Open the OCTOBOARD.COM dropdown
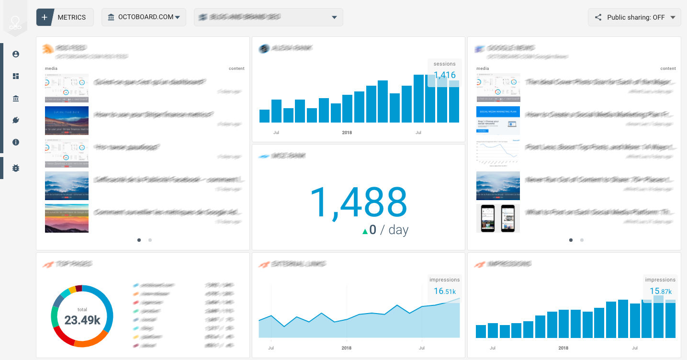(144, 17)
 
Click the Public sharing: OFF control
(634, 17)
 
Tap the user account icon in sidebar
(16, 54)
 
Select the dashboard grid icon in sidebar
(16, 76)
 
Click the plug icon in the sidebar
(16, 120)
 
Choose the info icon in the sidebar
(16, 142)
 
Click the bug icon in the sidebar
(16, 168)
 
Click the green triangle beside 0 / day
(365, 231)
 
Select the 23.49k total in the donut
(82, 320)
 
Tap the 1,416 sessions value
(444, 75)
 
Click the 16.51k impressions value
(445, 291)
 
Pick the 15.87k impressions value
(660, 291)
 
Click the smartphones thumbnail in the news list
(498, 218)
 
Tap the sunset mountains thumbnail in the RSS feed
(67, 218)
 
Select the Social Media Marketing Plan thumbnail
(498, 121)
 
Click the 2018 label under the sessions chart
(347, 133)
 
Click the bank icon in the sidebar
(16, 98)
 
